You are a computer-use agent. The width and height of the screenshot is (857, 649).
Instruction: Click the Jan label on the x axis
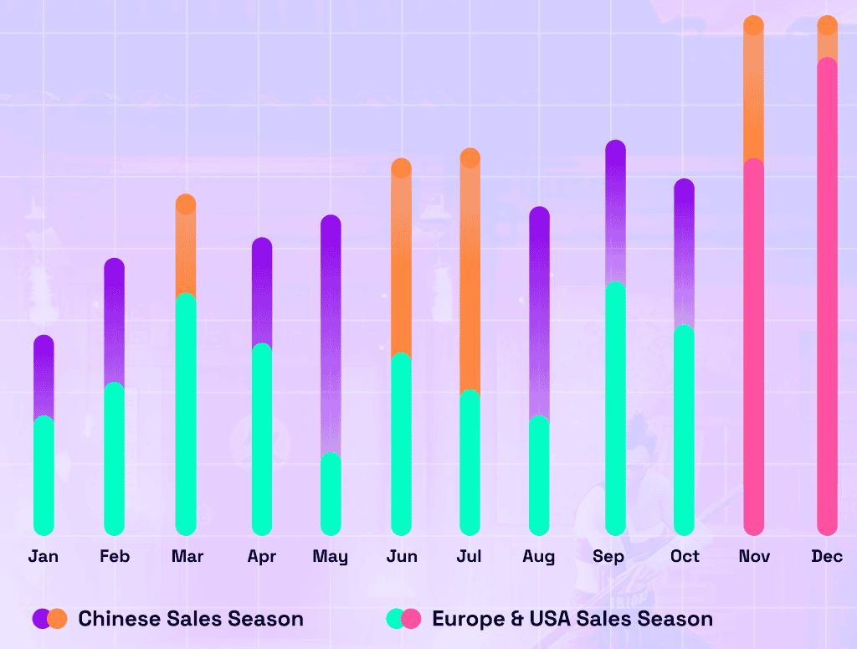[x=44, y=556]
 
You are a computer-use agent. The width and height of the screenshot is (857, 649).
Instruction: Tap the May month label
[x=331, y=556]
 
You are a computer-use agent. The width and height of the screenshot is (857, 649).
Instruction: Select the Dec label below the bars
[x=827, y=556]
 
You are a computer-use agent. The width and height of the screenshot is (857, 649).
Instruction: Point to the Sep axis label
[x=608, y=556]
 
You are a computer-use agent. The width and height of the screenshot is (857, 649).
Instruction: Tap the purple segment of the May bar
[x=331, y=335]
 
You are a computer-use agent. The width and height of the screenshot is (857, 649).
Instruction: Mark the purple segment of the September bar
[x=615, y=209]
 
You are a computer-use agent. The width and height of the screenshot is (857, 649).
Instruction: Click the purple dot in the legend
[x=41, y=619]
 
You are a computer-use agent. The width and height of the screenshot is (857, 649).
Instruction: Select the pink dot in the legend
[x=412, y=619]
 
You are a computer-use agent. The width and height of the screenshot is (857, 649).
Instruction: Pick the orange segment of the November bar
[x=753, y=92]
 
